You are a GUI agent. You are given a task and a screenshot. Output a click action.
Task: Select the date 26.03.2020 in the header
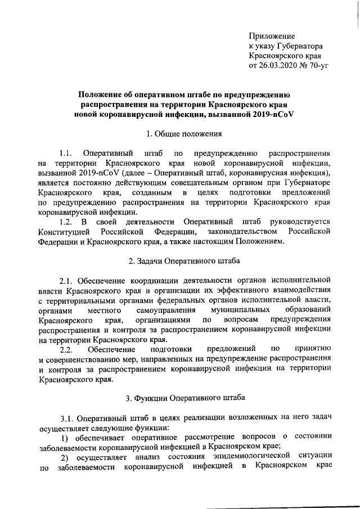click(277, 66)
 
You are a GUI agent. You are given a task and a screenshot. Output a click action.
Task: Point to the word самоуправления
click(166, 310)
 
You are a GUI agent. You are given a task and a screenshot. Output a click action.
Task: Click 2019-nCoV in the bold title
click(273, 114)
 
